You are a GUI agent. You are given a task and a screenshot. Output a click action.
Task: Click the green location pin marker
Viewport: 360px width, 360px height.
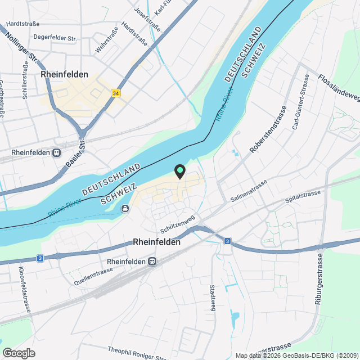coord(180,170)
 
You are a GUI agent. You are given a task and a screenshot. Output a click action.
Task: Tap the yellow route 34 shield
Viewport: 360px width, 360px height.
coord(116,93)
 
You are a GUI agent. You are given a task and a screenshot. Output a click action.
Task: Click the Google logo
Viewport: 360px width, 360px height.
coord(18,353)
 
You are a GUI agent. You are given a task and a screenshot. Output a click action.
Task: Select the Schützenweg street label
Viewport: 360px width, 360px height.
coord(177,224)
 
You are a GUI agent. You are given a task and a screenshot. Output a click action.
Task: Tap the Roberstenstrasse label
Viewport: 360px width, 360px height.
coord(268,131)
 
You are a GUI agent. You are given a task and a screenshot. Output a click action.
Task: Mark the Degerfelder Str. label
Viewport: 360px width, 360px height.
coord(55,37)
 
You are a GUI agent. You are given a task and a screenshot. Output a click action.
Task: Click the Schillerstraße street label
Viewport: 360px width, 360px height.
coord(25,81)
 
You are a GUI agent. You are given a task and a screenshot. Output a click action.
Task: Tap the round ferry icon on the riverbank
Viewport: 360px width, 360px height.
coord(125,209)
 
